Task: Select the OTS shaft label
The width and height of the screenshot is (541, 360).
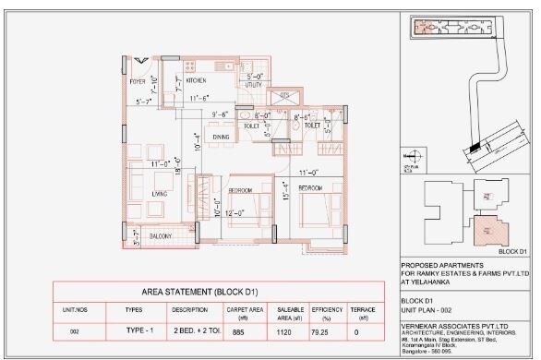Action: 285,96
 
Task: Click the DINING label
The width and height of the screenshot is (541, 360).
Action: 222,138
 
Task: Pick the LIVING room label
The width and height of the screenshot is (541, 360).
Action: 159,194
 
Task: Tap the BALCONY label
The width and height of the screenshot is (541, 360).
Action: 161,236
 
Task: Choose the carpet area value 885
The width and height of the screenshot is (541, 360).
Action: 237,330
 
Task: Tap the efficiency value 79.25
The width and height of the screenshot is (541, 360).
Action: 321,330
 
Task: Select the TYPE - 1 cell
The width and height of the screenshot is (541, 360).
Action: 134,330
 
